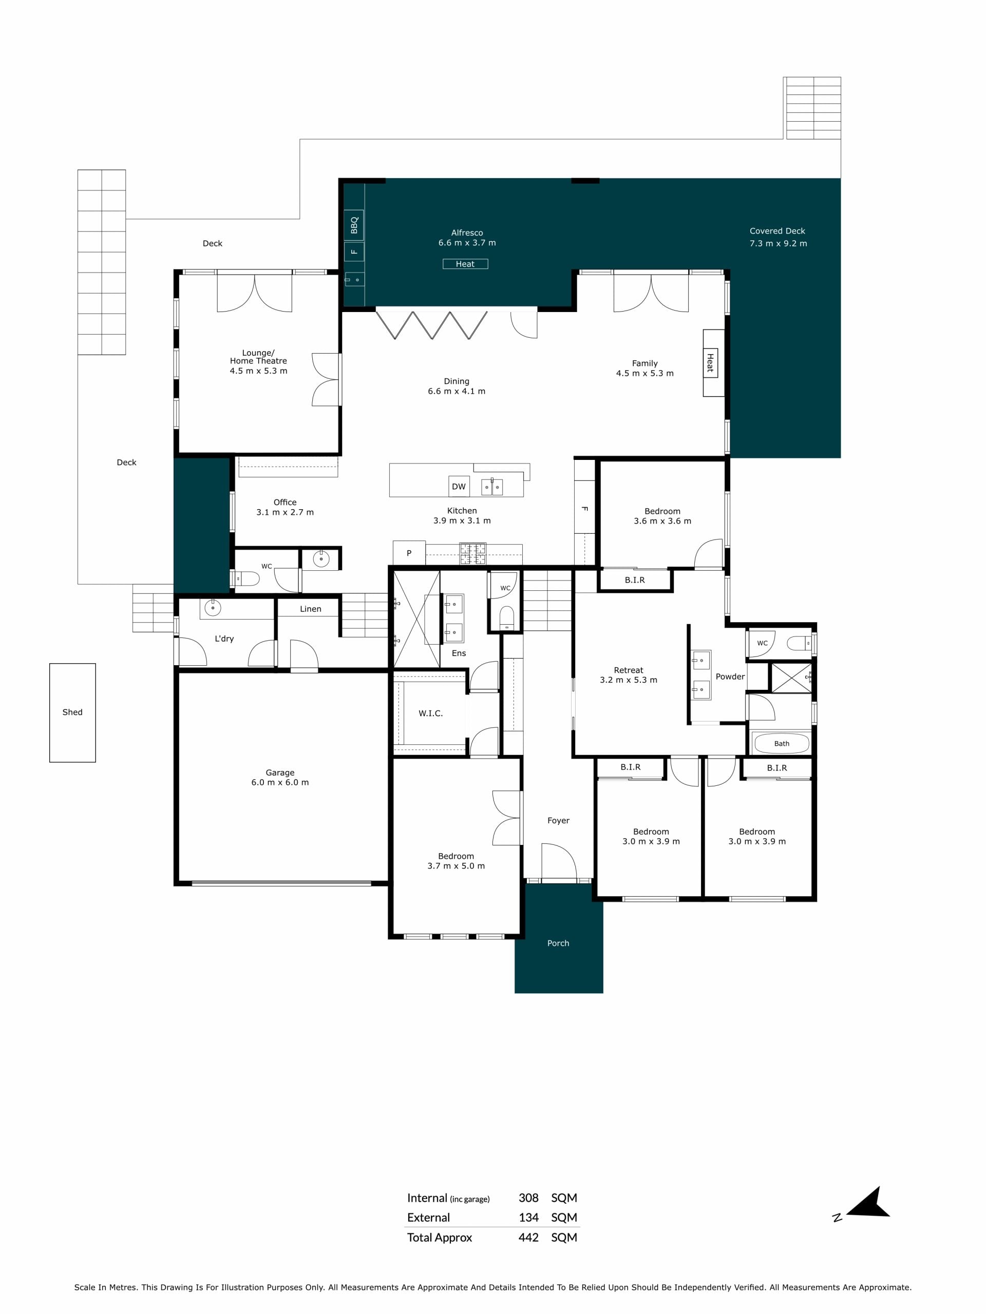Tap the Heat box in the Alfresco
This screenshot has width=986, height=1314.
click(x=465, y=264)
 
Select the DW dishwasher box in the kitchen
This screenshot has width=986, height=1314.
click(x=459, y=487)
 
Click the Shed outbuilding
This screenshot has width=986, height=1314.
click(x=72, y=712)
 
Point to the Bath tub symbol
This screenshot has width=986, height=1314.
click(x=781, y=743)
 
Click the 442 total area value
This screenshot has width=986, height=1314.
click(x=528, y=1238)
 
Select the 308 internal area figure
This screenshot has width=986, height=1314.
click(x=528, y=1198)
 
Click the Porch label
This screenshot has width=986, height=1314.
click(x=558, y=943)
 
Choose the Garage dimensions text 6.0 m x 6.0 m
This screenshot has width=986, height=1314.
click(x=280, y=782)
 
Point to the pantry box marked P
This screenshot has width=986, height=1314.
click(x=409, y=552)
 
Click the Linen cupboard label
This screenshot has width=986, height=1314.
click(x=310, y=609)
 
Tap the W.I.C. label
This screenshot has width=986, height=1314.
click(x=430, y=713)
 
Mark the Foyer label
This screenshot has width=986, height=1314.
click(x=558, y=820)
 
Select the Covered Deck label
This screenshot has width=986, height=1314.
click(x=778, y=231)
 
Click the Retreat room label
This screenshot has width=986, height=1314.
click(x=628, y=670)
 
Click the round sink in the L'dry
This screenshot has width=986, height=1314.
click(x=212, y=608)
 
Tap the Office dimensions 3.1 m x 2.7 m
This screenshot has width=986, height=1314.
click(x=285, y=512)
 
